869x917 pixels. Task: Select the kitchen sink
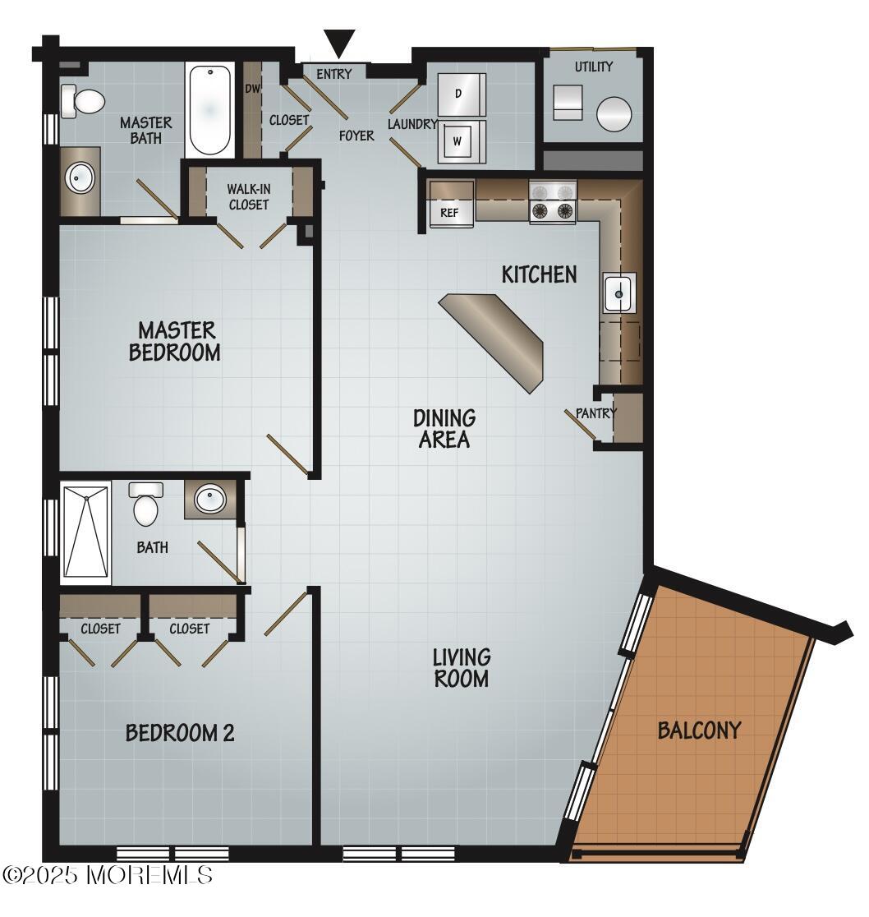point(618,293)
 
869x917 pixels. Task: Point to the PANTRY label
point(595,413)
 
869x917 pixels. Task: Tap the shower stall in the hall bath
point(86,532)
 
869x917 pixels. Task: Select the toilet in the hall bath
point(145,505)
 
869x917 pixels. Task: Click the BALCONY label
point(699,730)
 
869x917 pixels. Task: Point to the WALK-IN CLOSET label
point(248,197)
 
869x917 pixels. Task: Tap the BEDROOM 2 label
point(180,732)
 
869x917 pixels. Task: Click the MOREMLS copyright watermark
point(108,875)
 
